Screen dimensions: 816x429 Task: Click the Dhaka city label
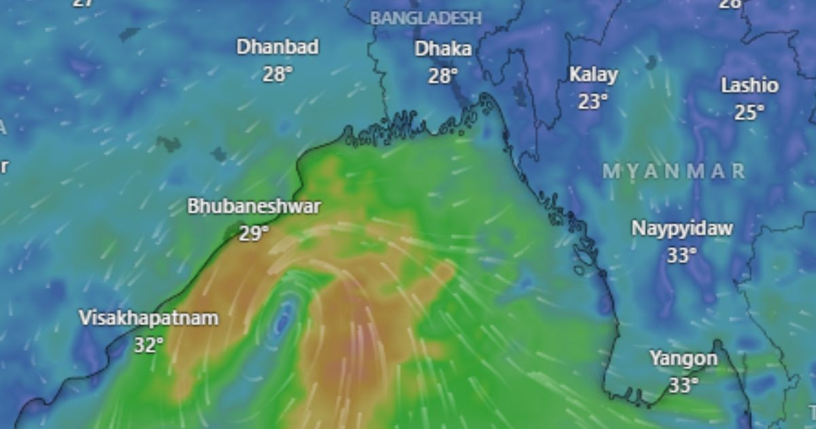click(443, 49)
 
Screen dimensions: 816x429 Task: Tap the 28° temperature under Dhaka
click(443, 75)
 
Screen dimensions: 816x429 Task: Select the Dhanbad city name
click(277, 48)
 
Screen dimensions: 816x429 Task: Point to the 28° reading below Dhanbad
click(277, 74)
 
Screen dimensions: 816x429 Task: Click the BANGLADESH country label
click(426, 18)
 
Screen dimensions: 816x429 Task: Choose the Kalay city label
click(593, 75)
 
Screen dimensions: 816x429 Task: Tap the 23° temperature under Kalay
click(593, 101)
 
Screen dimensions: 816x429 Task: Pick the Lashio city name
click(749, 86)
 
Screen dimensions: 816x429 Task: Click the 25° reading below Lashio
click(749, 112)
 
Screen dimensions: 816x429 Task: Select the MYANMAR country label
click(674, 171)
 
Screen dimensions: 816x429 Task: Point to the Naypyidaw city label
click(682, 228)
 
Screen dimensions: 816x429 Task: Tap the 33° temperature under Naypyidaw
click(682, 255)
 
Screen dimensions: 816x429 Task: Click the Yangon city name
click(683, 359)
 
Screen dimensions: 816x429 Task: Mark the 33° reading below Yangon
click(683, 385)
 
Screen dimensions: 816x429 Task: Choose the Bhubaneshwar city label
click(254, 207)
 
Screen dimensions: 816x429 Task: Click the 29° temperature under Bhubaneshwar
click(254, 234)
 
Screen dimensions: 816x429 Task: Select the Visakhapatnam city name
click(149, 318)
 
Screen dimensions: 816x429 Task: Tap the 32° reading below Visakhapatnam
click(149, 345)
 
